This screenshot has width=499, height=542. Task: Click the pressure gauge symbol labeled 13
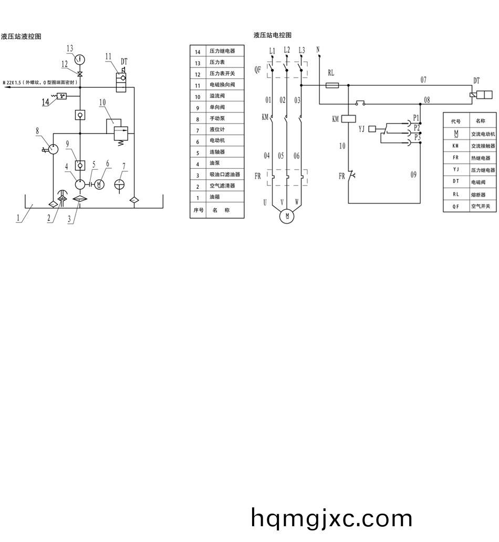80,58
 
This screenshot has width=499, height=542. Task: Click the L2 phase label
286,50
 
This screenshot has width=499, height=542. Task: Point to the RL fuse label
331,73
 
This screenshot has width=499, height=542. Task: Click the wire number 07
423,80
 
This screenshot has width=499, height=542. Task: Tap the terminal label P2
417,127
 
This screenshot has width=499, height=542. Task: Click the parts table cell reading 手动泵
217,119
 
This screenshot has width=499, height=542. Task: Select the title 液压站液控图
21,36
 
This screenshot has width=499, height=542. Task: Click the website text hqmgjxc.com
332,518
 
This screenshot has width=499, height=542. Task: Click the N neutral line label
318,49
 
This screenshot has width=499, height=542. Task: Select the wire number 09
413,175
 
